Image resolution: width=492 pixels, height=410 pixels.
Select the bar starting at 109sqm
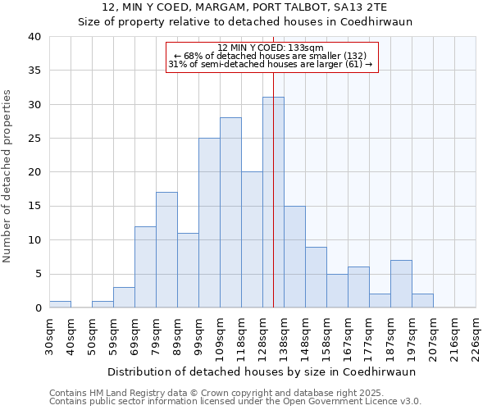230,212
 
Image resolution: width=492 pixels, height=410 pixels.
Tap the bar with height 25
209,223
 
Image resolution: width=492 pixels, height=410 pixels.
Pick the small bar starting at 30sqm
60,304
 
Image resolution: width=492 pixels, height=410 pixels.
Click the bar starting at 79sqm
166,250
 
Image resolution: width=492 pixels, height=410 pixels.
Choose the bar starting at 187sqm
401,284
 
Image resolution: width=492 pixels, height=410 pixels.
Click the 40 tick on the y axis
34,37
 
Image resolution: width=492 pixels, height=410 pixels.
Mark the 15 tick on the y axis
34,206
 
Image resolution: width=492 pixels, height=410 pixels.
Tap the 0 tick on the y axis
38,307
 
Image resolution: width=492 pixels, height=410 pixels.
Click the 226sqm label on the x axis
476,335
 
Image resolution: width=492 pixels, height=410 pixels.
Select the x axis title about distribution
273,371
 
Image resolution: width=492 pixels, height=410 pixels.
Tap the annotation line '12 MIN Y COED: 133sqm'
271,48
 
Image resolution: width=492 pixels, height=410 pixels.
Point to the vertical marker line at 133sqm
273,164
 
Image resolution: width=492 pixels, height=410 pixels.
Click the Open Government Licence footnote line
235,402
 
